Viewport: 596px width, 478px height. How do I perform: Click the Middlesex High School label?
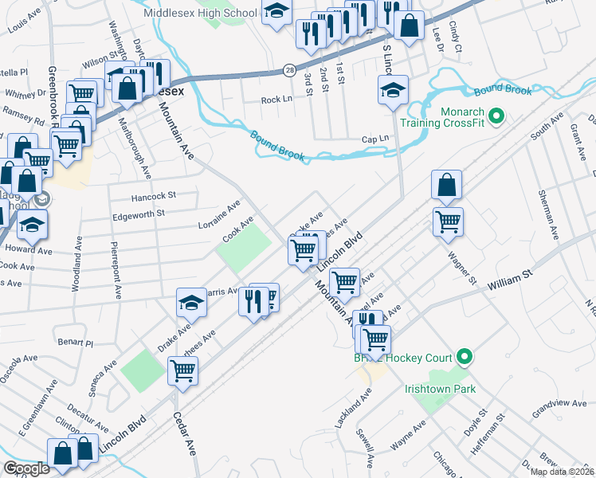[x=200, y=13]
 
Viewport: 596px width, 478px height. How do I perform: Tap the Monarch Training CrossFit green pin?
[x=496, y=118]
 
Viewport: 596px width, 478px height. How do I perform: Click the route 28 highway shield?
[x=289, y=70]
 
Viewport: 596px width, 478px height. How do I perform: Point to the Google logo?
[x=26, y=468]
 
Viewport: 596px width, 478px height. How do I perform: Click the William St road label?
[x=511, y=280]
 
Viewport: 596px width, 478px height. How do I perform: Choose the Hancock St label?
[x=154, y=194]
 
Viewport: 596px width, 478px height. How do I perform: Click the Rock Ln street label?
[x=276, y=100]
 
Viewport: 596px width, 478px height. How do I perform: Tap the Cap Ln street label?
[x=374, y=138]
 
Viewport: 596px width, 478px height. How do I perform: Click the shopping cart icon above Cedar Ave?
[x=183, y=370]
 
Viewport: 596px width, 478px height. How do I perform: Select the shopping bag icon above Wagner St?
[x=447, y=185]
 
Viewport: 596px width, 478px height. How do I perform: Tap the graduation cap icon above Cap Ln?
[x=393, y=91]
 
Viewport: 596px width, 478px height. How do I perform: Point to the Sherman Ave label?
[x=547, y=214]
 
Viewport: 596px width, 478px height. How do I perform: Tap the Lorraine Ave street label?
[x=220, y=215]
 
